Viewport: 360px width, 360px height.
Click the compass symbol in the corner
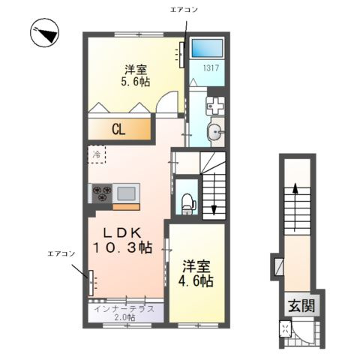point(43,32)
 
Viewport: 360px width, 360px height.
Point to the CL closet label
point(118,129)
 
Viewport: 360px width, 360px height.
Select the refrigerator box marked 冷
point(97,154)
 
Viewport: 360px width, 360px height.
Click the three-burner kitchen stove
point(102,193)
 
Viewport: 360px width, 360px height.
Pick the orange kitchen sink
point(126,192)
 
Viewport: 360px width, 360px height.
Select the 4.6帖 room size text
point(196,274)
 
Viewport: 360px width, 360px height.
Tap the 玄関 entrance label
point(298,305)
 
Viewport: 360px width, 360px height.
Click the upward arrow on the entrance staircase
point(297,193)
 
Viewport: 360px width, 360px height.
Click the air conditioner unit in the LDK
point(92,283)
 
